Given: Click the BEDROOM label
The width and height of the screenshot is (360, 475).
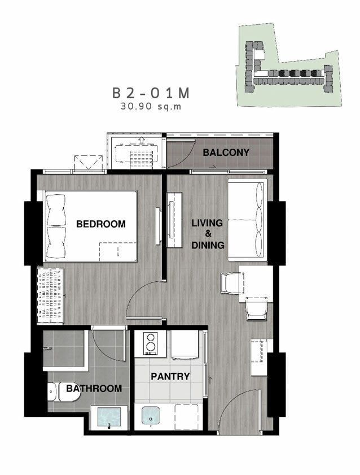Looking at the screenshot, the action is [x=101, y=224].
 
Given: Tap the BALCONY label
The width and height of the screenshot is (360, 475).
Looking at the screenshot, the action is [x=226, y=152].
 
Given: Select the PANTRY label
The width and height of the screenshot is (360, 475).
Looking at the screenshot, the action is [x=170, y=376].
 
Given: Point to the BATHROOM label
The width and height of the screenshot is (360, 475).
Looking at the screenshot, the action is [x=94, y=388].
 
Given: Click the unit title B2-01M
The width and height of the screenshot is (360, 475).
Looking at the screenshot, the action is [x=151, y=93].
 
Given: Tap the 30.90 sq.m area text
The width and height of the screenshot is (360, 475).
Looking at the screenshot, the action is [x=151, y=106].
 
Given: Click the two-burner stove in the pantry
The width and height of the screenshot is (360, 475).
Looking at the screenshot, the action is [x=150, y=343].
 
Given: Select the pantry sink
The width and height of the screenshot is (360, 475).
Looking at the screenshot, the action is [x=150, y=416].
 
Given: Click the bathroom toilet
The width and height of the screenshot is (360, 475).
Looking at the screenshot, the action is [x=64, y=391].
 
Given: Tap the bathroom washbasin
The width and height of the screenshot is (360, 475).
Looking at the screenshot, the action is [x=109, y=418].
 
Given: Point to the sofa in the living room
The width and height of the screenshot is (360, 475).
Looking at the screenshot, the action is [x=248, y=220].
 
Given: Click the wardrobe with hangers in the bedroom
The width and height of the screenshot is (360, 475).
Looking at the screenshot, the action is [x=50, y=295].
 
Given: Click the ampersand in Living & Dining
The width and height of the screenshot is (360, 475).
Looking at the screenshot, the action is [x=208, y=234].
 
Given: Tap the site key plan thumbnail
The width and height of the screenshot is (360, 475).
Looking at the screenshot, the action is [x=289, y=64].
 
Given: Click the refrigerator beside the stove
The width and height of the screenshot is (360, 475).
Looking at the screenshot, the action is [x=185, y=345].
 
